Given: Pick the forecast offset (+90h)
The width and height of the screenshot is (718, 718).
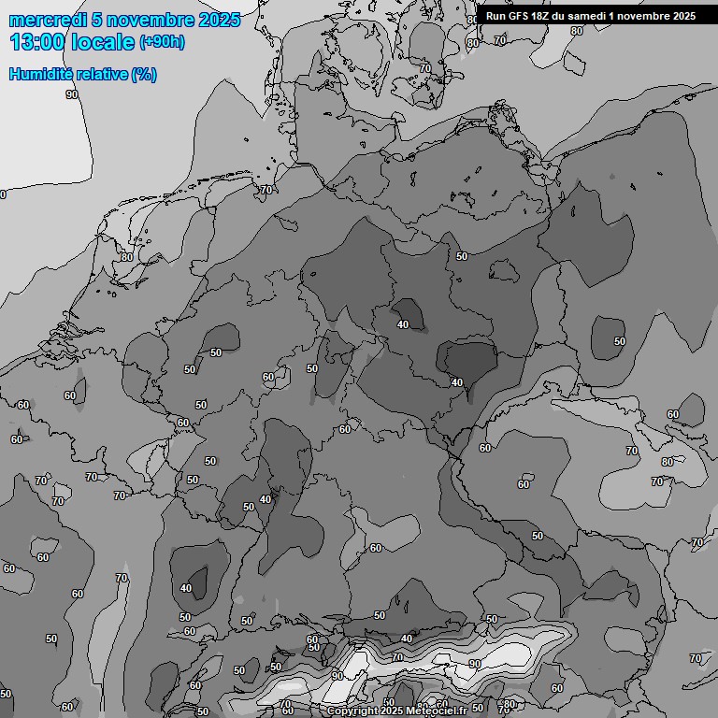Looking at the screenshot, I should click(x=162, y=42).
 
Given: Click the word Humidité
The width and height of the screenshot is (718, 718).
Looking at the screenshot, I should click(x=40, y=74).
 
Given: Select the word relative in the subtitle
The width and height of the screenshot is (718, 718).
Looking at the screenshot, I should click(x=100, y=74).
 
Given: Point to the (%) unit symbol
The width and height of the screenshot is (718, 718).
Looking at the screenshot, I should click(x=144, y=74).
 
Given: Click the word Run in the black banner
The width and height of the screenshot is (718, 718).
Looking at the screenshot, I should click(x=495, y=16).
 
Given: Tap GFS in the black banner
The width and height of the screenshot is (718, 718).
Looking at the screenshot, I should click(x=520, y=16).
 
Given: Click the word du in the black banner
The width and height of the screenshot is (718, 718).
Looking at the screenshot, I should click(x=565, y=16).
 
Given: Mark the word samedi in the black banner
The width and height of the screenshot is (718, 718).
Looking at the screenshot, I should click(x=593, y=16).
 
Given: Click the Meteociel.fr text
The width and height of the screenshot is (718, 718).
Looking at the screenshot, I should click(x=436, y=711).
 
